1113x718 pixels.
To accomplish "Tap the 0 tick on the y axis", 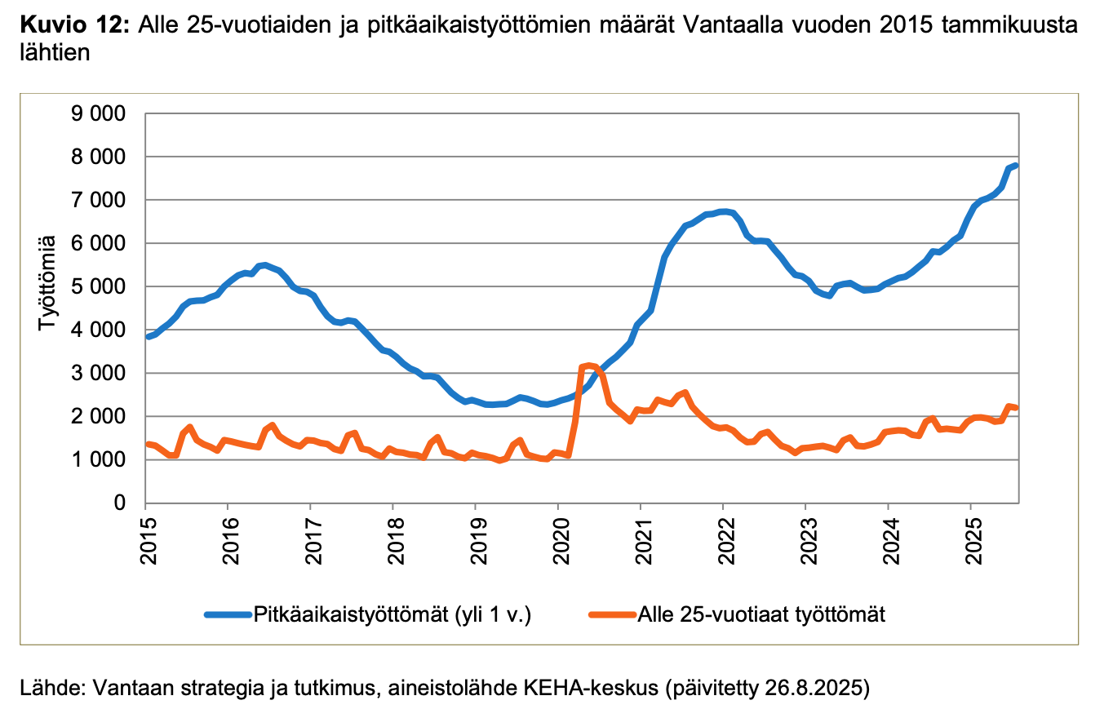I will click(x=118, y=503).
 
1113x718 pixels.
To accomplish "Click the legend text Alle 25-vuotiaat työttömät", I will click(x=761, y=614).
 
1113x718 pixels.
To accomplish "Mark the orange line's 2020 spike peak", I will click(x=588, y=366).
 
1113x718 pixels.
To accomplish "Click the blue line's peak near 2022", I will click(x=724, y=211).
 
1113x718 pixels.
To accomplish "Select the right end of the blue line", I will click(x=1017, y=166).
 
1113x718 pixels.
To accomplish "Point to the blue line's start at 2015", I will click(x=148, y=336).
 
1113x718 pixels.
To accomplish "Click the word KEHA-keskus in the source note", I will click(x=602, y=688).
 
